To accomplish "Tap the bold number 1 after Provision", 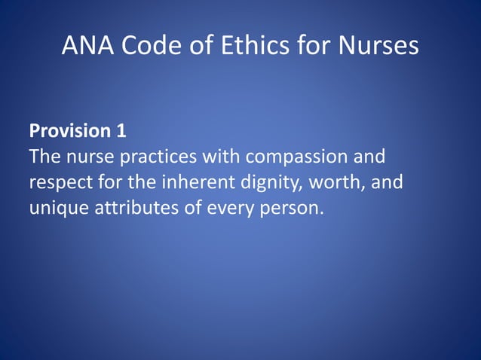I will pos(121,131).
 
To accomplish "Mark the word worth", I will pos(329,182).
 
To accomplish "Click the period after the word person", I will pos(321,212).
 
